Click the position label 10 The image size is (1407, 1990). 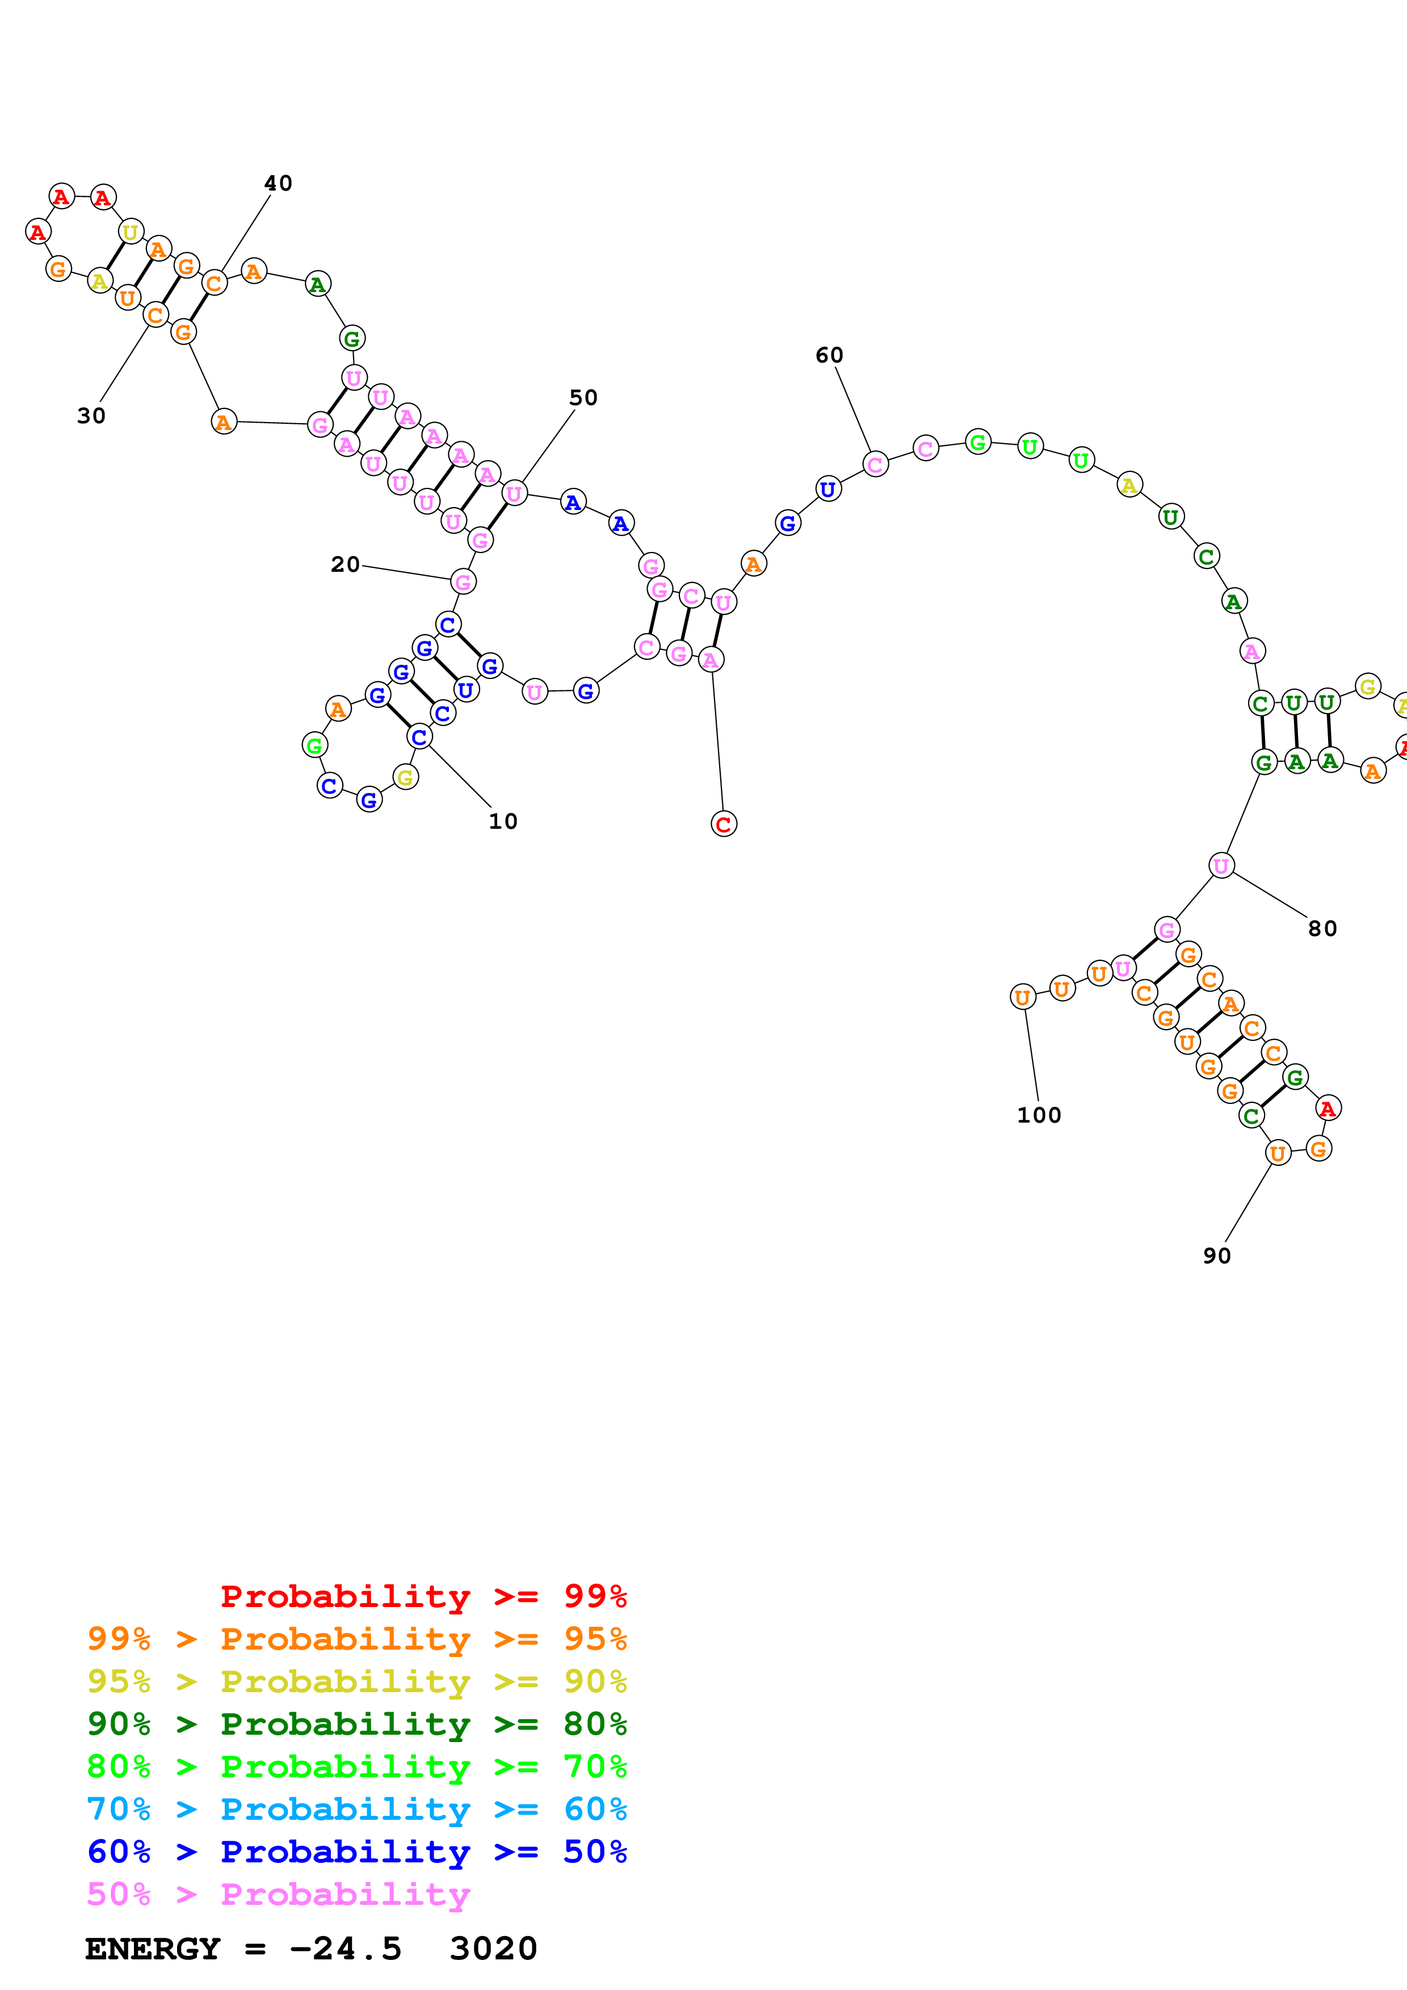[503, 821]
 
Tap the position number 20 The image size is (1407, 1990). [345, 564]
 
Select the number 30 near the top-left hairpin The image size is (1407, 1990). [91, 416]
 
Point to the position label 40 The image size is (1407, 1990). [278, 183]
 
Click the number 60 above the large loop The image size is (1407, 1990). [829, 355]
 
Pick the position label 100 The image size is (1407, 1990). [1039, 1115]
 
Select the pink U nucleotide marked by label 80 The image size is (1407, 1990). [1221, 865]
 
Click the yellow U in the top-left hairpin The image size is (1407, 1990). [130, 232]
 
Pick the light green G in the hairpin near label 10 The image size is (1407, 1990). [314, 744]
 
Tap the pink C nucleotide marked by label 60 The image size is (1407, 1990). [875, 465]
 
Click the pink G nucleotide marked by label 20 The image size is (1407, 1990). [463, 581]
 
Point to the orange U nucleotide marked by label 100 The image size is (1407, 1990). [1022, 998]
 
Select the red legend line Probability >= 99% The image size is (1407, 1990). [423, 1596]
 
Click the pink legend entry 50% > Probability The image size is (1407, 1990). [278, 1894]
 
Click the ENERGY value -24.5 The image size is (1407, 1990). [345, 1949]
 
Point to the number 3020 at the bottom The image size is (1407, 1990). [493, 1949]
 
